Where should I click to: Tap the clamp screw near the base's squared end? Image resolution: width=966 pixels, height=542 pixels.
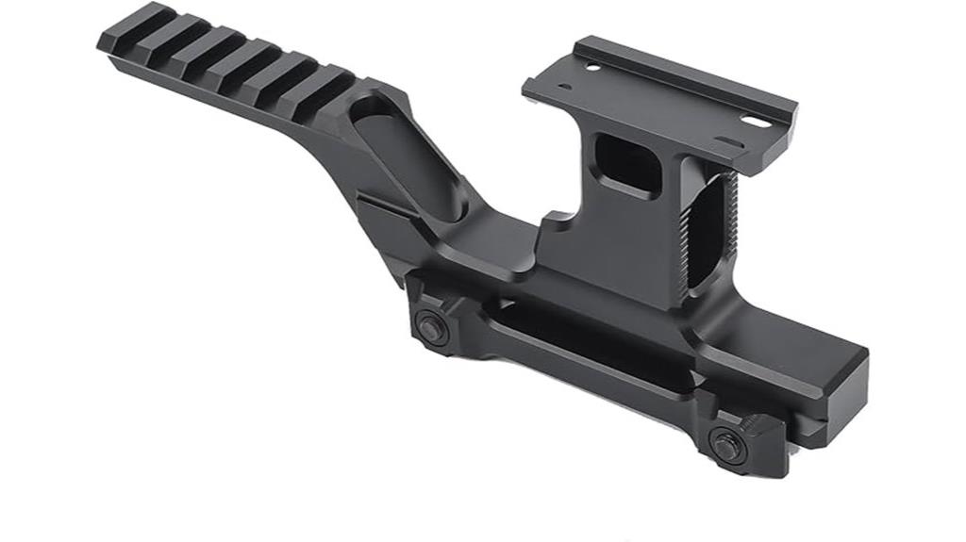[727, 445]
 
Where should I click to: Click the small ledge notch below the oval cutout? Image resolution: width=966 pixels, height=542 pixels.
[382, 203]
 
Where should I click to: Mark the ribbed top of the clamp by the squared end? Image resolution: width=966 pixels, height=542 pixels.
[745, 415]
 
